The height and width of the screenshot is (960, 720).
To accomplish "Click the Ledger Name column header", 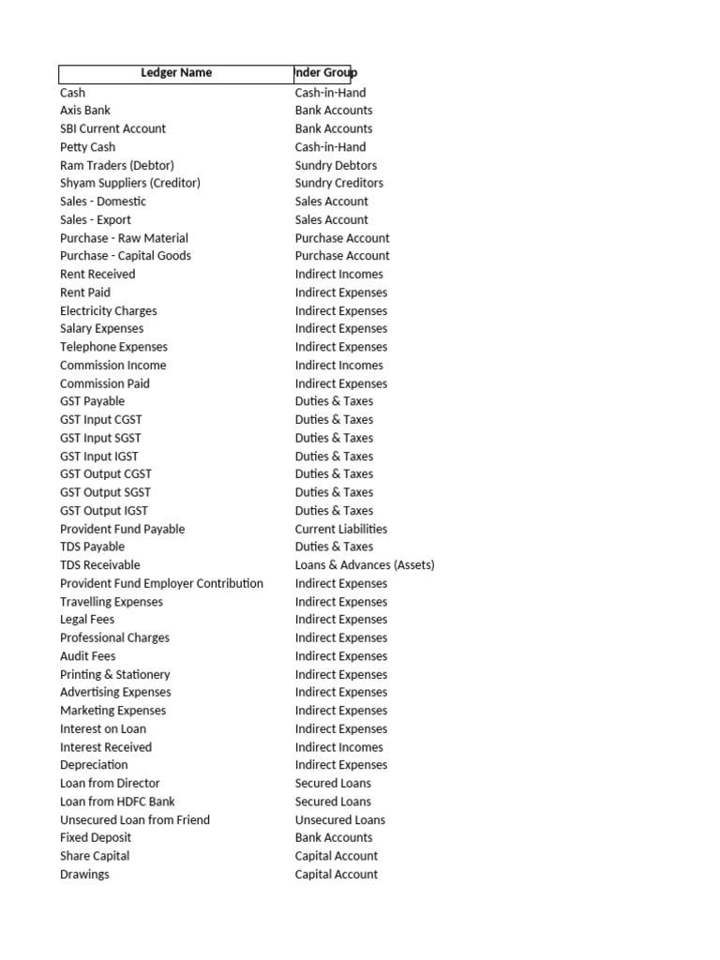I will [x=176, y=73].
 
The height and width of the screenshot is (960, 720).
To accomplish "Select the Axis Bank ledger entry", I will [x=85, y=111].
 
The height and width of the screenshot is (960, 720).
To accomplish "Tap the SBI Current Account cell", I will [x=112, y=128].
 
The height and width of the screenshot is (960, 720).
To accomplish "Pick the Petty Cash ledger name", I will [x=88, y=147].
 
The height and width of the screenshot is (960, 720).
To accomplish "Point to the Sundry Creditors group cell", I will [x=338, y=183].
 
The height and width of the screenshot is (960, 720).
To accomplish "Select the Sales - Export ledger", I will [x=96, y=219].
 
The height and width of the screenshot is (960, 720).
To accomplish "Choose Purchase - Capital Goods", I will [x=126, y=256].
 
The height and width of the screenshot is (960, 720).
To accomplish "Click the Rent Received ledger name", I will [x=97, y=274].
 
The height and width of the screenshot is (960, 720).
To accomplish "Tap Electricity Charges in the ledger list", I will [x=109, y=310].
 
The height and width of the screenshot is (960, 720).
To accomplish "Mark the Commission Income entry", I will [x=113, y=365].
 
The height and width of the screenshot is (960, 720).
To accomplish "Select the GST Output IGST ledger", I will [x=104, y=511].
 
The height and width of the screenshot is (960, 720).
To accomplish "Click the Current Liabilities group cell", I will [x=341, y=529].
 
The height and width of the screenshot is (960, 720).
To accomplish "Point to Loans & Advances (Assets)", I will [x=365, y=565].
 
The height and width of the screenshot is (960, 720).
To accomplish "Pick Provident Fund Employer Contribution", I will [x=161, y=583].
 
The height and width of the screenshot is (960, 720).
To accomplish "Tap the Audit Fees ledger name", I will [x=88, y=656].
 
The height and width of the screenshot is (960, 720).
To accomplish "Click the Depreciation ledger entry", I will [x=94, y=765].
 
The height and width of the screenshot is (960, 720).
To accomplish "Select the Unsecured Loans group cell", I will [x=340, y=819].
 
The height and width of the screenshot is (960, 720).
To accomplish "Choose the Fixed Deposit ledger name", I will [x=96, y=837].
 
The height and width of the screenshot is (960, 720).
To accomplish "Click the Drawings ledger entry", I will [x=84, y=874].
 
